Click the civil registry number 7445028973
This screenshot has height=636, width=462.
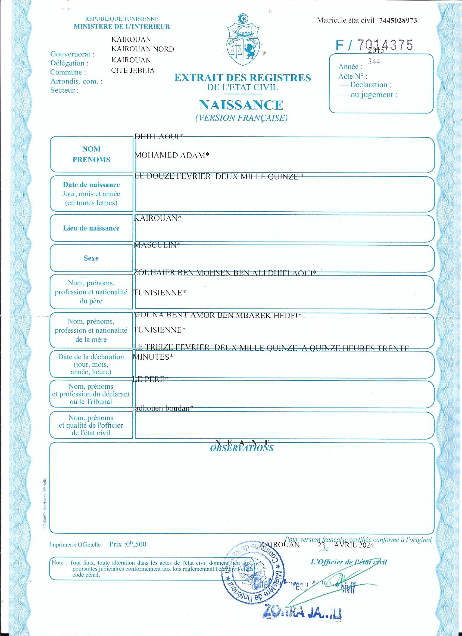click(x=398, y=20)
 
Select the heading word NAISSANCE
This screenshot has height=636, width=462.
click(x=241, y=105)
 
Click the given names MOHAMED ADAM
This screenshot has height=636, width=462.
click(x=172, y=155)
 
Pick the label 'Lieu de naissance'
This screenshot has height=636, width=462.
click(x=91, y=228)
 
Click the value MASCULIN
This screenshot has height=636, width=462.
click(x=157, y=245)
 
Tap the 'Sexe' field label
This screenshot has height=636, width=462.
click(x=91, y=258)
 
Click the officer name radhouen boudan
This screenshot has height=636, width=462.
click(x=163, y=408)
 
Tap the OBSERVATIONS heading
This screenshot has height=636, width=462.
click(x=242, y=448)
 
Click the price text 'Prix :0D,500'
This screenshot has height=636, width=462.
click(x=128, y=544)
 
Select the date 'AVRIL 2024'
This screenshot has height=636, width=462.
click(x=354, y=545)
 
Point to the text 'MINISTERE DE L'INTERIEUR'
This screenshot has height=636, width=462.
click(x=122, y=27)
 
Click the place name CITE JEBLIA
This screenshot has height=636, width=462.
click(x=133, y=70)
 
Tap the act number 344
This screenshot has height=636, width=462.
click(x=374, y=61)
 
